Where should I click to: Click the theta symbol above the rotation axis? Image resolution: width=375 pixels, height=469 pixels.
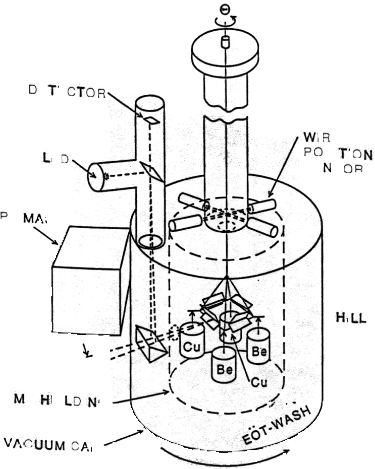tap(225, 10)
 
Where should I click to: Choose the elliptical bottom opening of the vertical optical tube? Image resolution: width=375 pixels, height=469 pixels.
tap(151, 241)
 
